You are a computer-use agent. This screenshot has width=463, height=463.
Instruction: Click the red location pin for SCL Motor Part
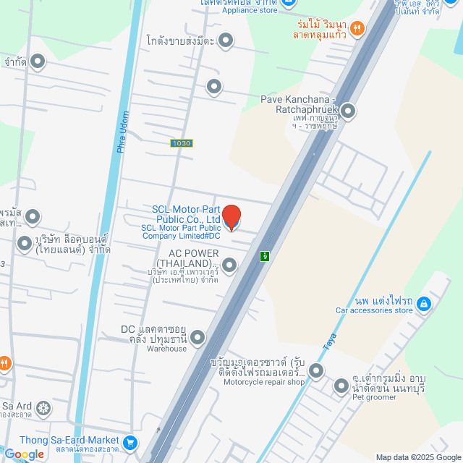tap(231, 217)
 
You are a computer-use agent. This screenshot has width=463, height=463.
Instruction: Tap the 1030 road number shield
tap(182, 143)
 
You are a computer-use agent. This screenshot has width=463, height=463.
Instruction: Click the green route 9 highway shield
tap(266, 256)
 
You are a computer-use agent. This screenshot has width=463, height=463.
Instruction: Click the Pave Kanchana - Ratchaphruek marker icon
tap(349, 111)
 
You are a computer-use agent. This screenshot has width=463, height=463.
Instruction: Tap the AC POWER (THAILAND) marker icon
tap(229, 266)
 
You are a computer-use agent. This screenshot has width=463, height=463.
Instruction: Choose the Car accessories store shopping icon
tap(424, 304)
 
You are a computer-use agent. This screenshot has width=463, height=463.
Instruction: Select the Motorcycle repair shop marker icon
tap(316, 371)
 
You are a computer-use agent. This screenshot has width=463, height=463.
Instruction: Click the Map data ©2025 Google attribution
tap(417, 456)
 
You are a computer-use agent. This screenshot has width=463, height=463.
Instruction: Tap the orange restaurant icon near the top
tap(357, 29)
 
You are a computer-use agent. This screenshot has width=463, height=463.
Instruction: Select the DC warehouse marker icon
tap(197, 337)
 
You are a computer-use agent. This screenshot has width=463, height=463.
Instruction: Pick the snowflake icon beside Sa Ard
tap(43, 409)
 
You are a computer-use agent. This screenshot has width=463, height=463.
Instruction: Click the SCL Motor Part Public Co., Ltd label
tap(186, 214)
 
